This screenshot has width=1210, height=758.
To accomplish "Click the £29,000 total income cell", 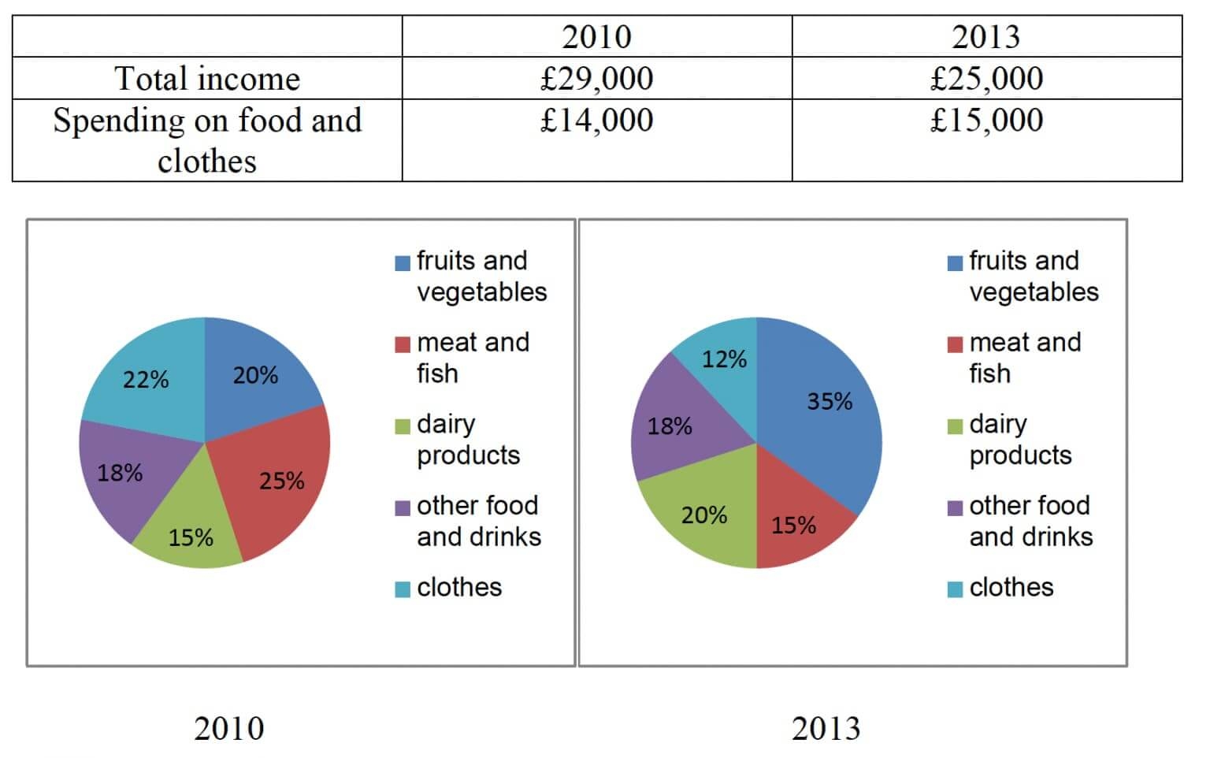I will [596, 78].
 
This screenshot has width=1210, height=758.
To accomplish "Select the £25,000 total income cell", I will [986, 78].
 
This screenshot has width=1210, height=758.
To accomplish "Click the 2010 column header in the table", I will [596, 36].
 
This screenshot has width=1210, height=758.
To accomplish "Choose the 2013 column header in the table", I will [986, 36].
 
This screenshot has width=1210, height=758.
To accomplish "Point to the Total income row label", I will [207, 78].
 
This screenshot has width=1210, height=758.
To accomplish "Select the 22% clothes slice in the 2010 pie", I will [146, 379].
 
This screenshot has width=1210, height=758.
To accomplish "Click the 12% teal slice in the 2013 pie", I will [723, 359].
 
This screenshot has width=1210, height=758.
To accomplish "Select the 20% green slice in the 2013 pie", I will [703, 515].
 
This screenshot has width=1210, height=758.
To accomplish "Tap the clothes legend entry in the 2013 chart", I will [1011, 587].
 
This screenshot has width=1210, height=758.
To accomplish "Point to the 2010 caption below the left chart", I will [228, 728].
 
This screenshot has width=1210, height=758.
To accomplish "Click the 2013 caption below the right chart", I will [826, 728].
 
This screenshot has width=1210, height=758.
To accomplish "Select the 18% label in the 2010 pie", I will [120, 473].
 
